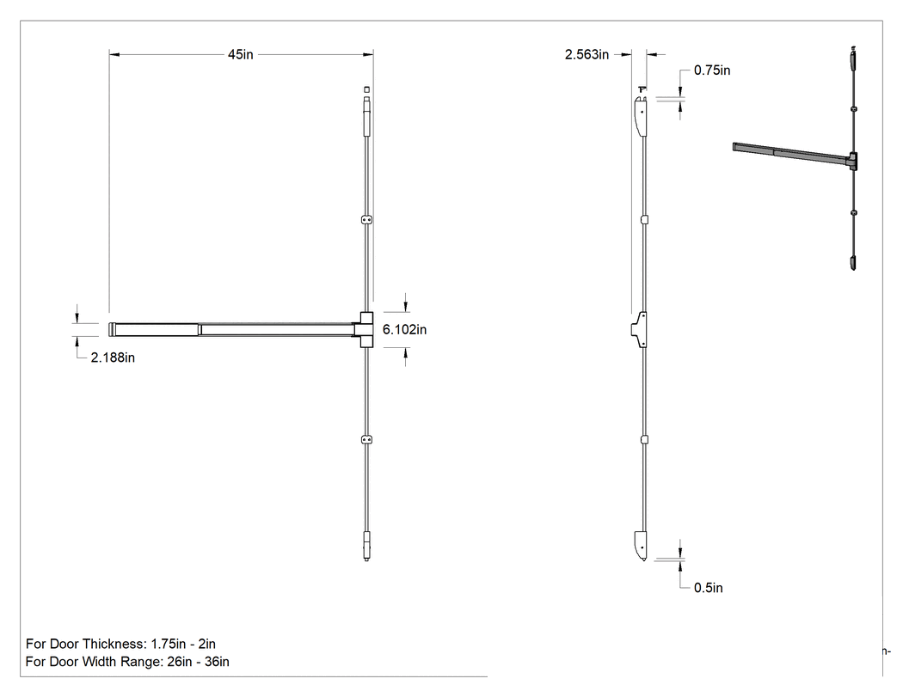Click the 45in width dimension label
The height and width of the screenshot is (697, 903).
[240, 55]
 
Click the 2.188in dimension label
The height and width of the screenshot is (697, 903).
[113, 358]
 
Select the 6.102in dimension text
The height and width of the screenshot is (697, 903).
[405, 330]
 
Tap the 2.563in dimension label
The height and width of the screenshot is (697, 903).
[587, 55]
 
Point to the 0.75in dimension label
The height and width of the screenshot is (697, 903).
[712, 70]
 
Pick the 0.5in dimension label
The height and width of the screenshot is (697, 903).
[709, 588]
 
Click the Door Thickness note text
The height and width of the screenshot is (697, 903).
[121, 644]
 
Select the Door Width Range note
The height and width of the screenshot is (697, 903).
[127, 662]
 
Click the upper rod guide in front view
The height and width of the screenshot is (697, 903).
[367, 220]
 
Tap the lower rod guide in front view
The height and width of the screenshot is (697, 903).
[367, 440]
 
